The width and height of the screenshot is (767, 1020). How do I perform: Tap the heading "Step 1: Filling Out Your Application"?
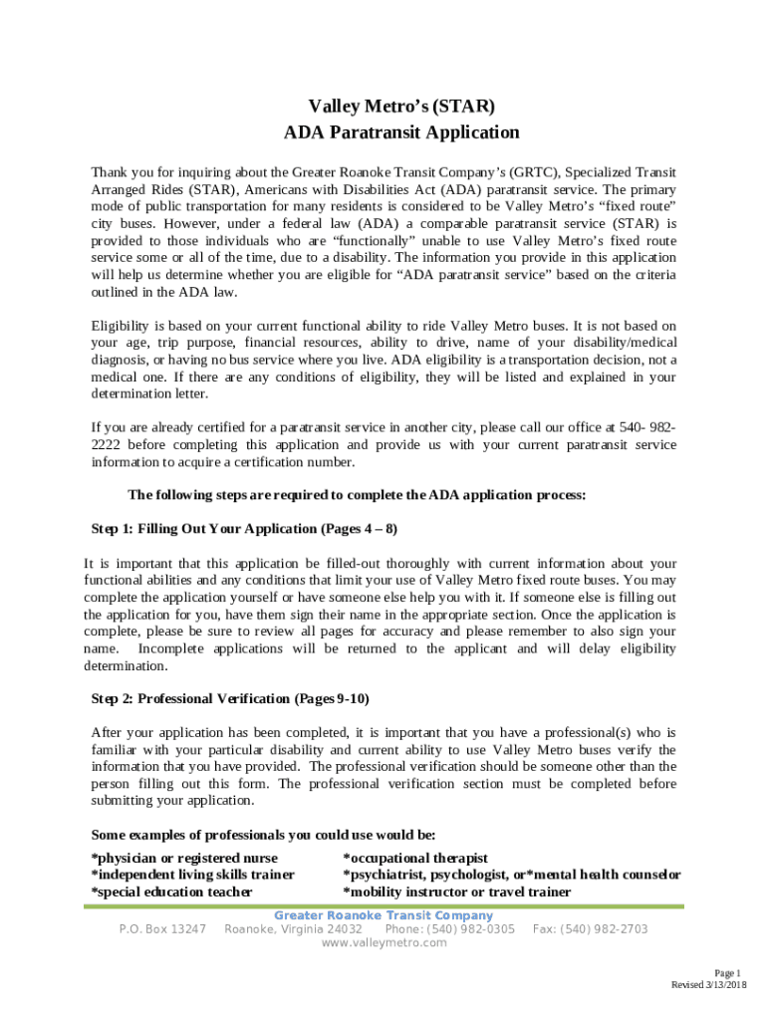pyautogui.click(x=244, y=528)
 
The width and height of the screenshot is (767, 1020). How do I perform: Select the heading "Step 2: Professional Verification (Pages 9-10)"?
pyautogui.click(x=230, y=698)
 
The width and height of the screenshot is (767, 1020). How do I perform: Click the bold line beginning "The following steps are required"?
pyautogui.click(x=357, y=495)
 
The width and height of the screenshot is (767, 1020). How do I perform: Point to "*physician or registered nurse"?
pyautogui.click(x=184, y=858)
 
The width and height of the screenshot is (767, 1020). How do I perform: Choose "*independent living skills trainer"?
pyautogui.click(x=192, y=875)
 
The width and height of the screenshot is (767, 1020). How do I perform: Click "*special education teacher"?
pyautogui.click(x=171, y=892)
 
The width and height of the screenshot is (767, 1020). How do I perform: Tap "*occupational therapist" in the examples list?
pyautogui.click(x=415, y=858)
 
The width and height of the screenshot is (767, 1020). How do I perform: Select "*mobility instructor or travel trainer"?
pyautogui.click(x=456, y=892)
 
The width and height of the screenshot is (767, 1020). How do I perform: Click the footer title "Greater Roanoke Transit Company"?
pyautogui.click(x=383, y=915)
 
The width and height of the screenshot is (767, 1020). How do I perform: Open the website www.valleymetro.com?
pyautogui.click(x=384, y=943)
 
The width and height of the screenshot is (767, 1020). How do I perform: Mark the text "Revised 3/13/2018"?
pyautogui.click(x=708, y=985)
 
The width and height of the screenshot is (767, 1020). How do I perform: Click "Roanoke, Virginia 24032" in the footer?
pyautogui.click(x=293, y=929)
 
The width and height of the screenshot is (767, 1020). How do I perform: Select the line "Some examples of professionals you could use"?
pyautogui.click(x=263, y=835)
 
